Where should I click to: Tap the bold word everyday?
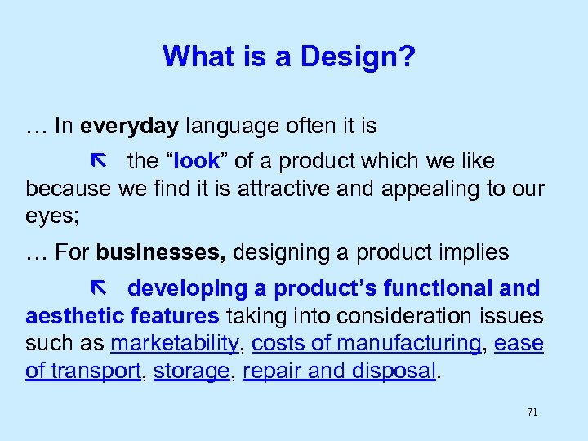(140, 126)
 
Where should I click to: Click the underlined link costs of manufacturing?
(367, 344)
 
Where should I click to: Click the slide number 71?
(532, 412)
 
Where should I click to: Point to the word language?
(226, 126)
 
